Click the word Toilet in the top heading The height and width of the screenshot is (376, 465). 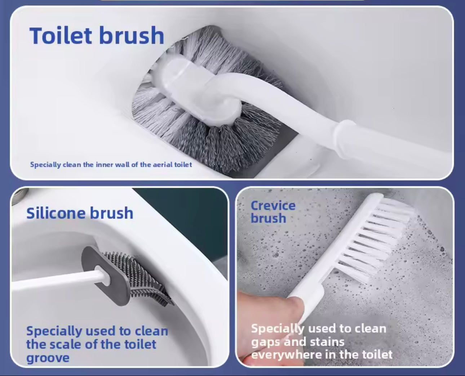[61, 35]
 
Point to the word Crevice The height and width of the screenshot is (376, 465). [273, 205]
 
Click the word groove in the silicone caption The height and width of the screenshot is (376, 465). [48, 358]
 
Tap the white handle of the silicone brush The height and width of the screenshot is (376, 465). [59, 279]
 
